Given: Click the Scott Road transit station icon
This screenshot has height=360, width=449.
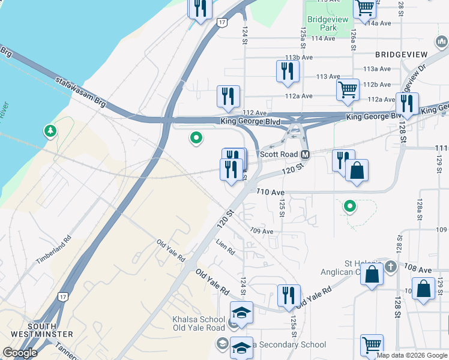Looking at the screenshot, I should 305,155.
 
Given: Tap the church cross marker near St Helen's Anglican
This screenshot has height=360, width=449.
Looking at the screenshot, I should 390,266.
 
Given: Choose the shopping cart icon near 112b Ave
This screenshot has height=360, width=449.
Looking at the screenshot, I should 348,90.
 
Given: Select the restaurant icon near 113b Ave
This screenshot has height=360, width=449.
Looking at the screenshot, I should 288,71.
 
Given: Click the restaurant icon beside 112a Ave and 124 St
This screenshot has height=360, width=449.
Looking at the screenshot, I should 228,97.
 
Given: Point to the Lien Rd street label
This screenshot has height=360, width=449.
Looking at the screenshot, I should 226,245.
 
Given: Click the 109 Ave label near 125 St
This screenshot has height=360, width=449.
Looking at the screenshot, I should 262,231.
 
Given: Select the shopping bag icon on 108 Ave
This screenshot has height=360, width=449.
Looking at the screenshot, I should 372,274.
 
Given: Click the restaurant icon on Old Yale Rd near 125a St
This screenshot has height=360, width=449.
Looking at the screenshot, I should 289,295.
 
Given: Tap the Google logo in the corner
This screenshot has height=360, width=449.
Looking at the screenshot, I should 20,353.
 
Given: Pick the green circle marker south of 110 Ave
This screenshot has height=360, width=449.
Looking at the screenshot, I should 349,207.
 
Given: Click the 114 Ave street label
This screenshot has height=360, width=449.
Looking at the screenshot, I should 323,38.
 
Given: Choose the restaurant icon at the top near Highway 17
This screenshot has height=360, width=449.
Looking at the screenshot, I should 200,8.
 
